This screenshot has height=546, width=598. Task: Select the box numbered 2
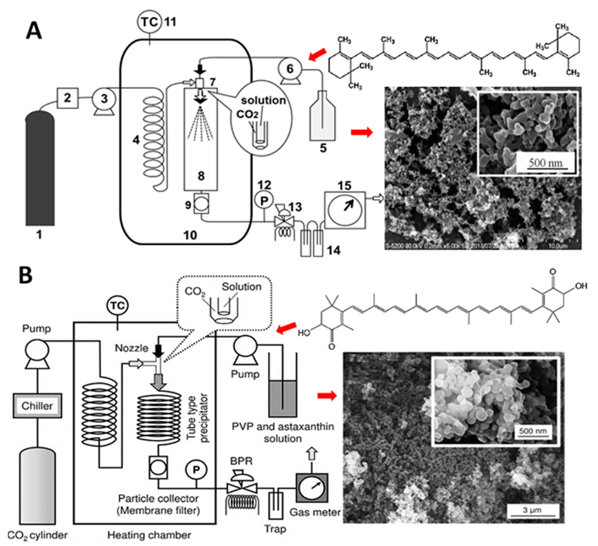(68, 98)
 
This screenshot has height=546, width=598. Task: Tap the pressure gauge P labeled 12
(264, 201)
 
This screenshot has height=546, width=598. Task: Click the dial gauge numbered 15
(345, 210)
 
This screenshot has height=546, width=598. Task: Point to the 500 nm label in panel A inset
(545, 163)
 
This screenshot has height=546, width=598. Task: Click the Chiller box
(37, 406)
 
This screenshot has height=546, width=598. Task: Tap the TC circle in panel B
(118, 306)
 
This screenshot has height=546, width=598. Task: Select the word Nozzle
(131, 348)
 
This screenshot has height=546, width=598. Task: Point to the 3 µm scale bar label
(532, 510)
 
